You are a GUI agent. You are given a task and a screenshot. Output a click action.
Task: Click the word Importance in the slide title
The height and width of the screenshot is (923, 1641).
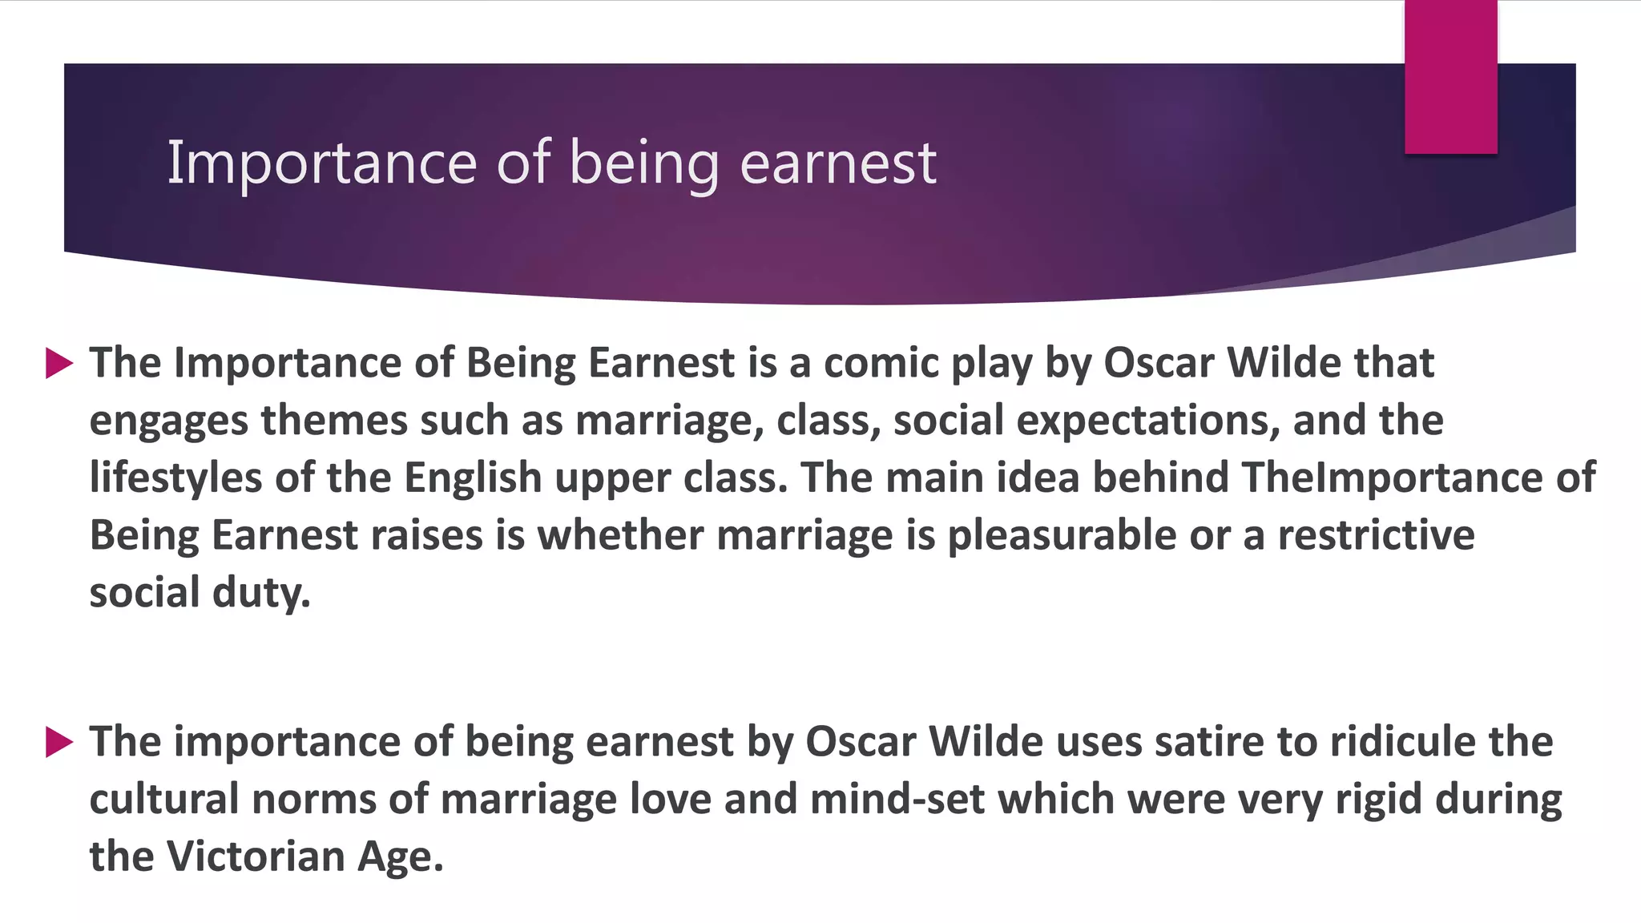[x=321, y=163]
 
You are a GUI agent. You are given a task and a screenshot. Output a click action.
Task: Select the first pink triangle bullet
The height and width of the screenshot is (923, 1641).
[x=59, y=363]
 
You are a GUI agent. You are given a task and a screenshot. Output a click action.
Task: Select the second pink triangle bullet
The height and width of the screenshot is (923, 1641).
[x=59, y=742]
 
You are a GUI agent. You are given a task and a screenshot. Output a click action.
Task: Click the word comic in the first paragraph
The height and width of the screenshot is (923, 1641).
[x=881, y=363]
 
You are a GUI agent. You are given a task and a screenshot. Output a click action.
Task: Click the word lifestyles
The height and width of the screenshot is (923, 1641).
[x=175, y=478]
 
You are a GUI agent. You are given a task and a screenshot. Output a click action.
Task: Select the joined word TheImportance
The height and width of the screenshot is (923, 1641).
[x=1392, y=478]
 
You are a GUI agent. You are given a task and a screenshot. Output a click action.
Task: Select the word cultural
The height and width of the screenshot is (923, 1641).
[x=163, y=800]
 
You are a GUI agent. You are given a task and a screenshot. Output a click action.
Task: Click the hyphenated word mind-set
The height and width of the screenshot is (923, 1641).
[x=897, y=800]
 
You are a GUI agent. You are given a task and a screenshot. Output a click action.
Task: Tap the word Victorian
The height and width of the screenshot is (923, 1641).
[x=256, y=856]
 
